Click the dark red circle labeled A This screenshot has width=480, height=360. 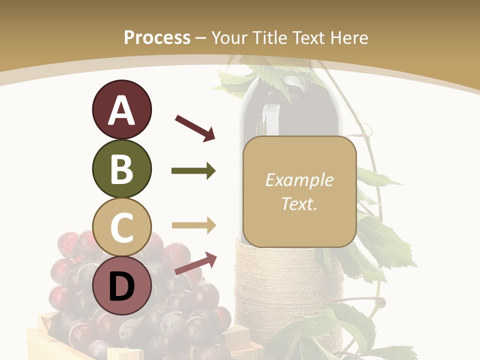coord(121,110)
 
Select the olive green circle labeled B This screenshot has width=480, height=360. coord(121,169)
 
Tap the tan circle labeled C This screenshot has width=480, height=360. coord(121,227)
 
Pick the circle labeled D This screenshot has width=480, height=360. coord(121,285)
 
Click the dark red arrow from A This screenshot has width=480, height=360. coord(195,127)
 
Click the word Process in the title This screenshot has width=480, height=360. coord(157,37)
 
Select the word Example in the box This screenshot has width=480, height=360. coord(299,180)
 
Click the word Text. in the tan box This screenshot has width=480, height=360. coord(299,204)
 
